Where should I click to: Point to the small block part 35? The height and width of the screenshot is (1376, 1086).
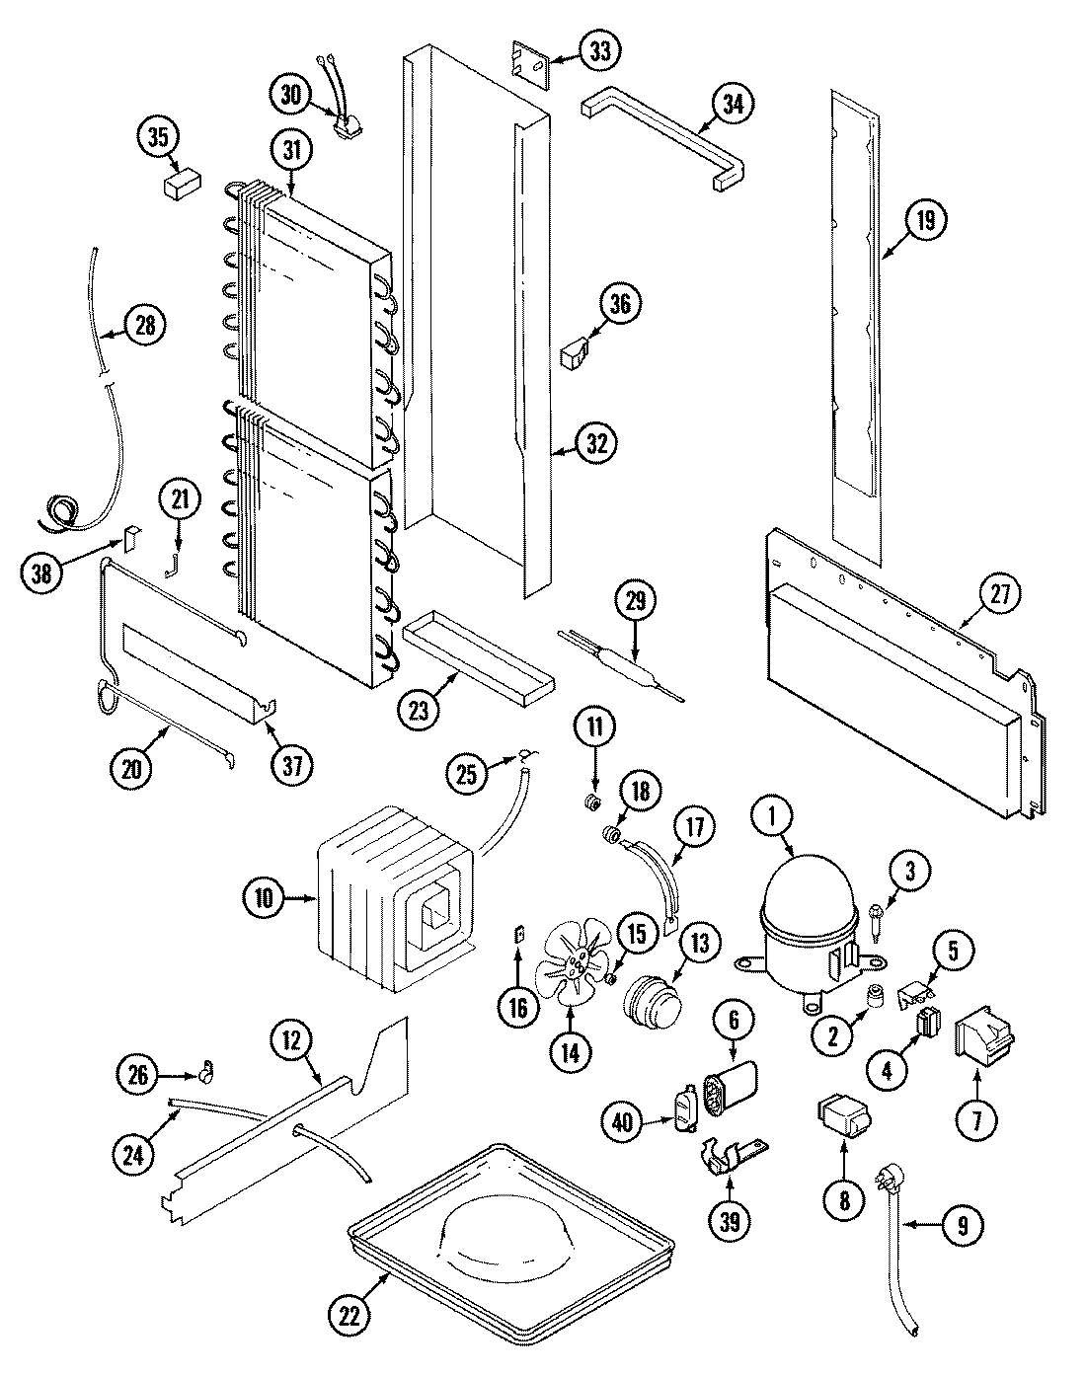click(181, 185)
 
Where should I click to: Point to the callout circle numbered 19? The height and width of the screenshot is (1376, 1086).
click(924, 221)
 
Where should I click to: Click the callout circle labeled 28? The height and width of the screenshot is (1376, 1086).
click(144, 327)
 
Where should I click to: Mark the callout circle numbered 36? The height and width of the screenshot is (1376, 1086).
click(618, 306)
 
